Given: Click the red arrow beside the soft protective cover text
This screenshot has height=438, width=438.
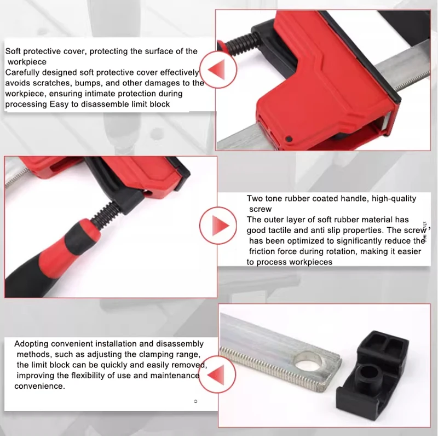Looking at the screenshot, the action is pos(218,70).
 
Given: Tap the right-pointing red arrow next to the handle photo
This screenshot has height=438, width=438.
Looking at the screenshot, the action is pos(221,226).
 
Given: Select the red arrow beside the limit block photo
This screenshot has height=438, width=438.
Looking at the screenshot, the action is pos(216,374).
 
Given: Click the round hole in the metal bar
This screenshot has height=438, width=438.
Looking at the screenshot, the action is pos(309,364).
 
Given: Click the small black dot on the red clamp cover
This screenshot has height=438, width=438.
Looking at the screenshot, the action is pos(289,139).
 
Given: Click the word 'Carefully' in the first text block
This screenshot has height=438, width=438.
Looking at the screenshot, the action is pos(22,73).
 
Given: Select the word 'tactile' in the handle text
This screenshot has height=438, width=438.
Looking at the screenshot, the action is pos(280,230).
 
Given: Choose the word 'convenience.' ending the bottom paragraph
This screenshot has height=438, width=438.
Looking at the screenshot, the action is pos(39,386).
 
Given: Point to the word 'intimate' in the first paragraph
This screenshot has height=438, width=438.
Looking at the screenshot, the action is pos(99,94).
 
